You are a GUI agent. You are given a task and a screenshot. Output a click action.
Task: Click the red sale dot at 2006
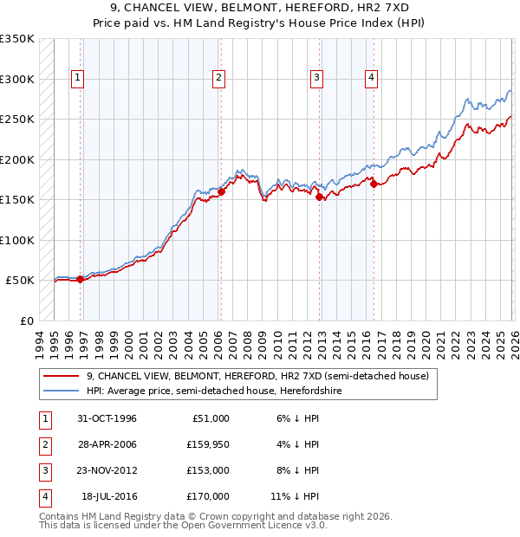[x=221, y=192]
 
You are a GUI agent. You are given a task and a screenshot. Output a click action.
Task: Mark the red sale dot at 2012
[x=320, y=197]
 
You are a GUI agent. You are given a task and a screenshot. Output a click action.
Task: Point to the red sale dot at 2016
[x=374, y=184]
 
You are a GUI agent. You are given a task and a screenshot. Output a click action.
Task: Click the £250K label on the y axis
[x=17, y=120]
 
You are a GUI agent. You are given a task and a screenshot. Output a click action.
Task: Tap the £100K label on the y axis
[x=17, y=240]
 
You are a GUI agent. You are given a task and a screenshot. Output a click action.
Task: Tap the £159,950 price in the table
[x=207, y=444]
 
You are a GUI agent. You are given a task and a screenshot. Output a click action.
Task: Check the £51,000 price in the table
[x=211, y=418]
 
